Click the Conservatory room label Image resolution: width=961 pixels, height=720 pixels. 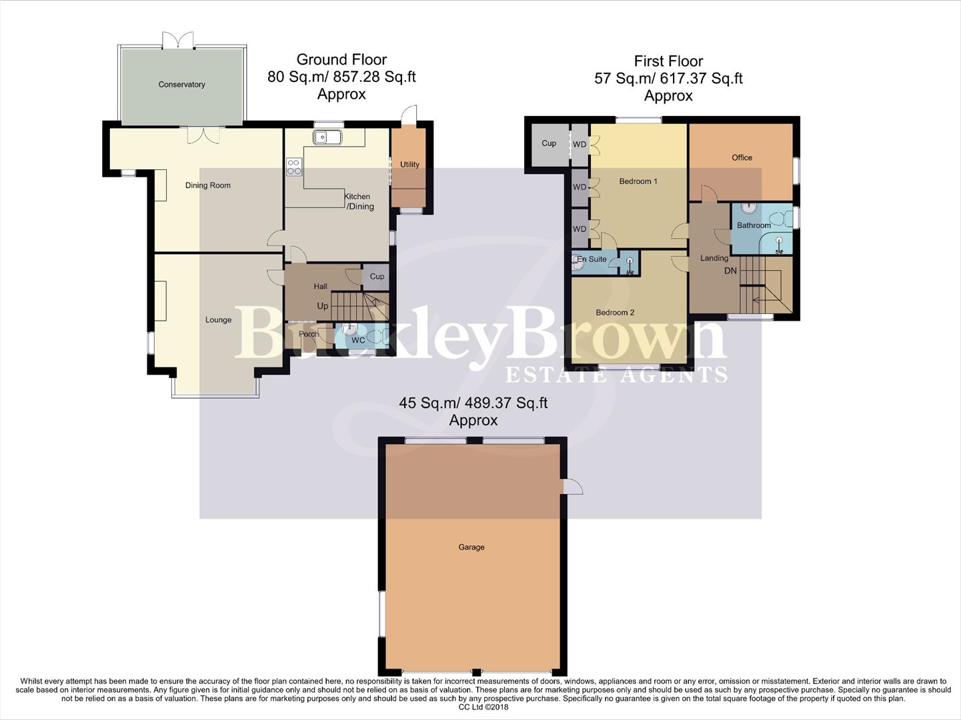click(181, 85)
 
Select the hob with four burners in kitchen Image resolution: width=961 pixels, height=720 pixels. click(293, 167)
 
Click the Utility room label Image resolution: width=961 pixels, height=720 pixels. click(409, 165)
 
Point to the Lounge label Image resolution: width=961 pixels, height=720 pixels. click(218, 320)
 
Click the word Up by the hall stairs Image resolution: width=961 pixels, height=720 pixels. click(323, 306)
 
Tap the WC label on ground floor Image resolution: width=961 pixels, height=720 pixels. click(358, 340)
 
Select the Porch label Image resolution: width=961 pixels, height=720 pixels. click(309, 334)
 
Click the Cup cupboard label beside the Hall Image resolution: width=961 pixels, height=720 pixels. click(377, 276)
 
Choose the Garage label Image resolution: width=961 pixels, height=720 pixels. click(471, 547)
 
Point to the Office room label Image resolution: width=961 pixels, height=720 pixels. click(742, 158)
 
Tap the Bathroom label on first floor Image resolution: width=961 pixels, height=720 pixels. click(754, 225)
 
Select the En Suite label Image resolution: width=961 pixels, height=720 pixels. click(592, 259)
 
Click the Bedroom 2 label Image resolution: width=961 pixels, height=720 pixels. click(615, 313)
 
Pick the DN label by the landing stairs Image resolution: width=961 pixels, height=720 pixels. click(730, 271)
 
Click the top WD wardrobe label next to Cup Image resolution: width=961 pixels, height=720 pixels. click(580, 145)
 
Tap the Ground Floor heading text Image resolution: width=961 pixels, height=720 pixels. click(341, 60)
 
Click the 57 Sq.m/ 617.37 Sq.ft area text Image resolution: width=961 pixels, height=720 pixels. click(668, 79)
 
